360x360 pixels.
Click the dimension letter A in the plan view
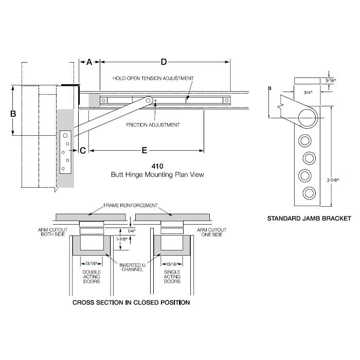point(89,62)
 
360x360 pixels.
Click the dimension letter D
point(164,62)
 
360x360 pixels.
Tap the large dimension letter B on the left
point(14,113)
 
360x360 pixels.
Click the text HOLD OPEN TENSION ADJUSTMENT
point(153,78)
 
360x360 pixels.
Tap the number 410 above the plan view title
point(157,166)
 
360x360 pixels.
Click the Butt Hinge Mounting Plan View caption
point(157,175)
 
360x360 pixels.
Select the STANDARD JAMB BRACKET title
point(309,219)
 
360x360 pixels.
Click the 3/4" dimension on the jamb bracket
point(308,93)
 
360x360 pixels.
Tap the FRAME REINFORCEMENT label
point(131,205)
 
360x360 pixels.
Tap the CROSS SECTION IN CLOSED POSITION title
point(131,302)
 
